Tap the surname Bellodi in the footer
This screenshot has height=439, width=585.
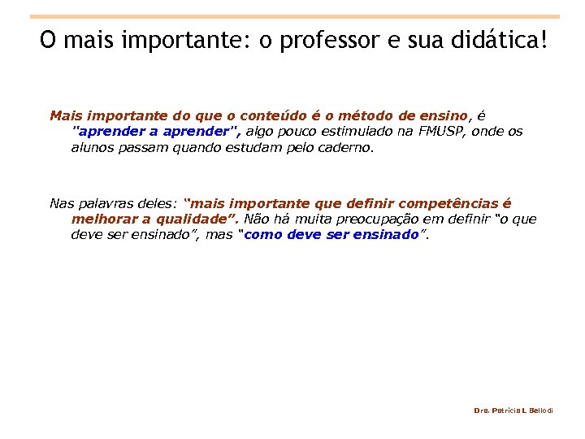click(539, 411)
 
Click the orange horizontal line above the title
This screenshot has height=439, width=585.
click(294, 16)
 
